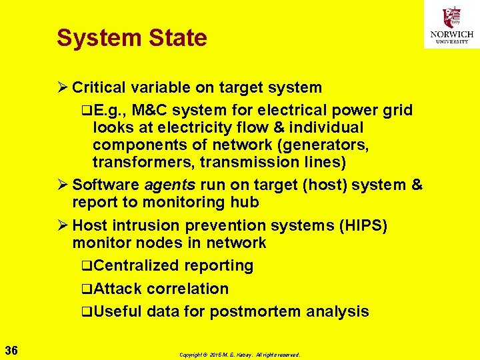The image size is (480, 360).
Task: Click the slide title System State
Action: (x=132, y=38)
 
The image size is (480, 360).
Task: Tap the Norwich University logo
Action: (x=451, y=26)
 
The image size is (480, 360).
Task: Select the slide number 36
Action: (x=11, y=350)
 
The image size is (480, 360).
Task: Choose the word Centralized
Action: (x=137, y=265)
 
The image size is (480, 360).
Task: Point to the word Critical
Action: (x=100, y=87)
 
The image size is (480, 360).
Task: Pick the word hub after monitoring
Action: (x=245, y=202)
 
